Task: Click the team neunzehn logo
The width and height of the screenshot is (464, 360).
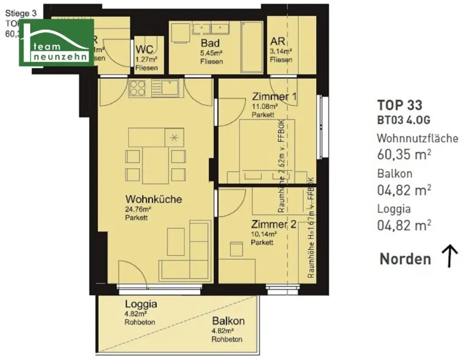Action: (x=56, y=42)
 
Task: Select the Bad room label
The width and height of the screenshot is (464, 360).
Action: (x=211, y=44)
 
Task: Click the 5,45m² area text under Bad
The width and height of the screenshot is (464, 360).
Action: (x=211, y=53)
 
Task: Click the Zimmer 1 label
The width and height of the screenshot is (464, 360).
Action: (x=275, y=97)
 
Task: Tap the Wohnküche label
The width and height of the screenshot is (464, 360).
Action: (x=154, y=199)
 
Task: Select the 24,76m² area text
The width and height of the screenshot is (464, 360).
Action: (x=138, y=209)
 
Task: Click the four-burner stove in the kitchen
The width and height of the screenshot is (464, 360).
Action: (x=137, y=88)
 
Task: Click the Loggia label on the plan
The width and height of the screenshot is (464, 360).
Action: (x=141, y=304)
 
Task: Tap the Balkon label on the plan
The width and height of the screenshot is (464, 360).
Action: (x=228, y=321)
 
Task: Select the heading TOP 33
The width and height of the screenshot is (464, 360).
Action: (x=400, y=105)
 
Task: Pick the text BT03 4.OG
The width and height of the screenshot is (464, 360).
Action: (x=403, y=120)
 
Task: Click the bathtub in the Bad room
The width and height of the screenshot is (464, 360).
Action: (x=251, y=47)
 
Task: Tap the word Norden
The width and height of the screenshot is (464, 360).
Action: (x=405, y=259)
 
